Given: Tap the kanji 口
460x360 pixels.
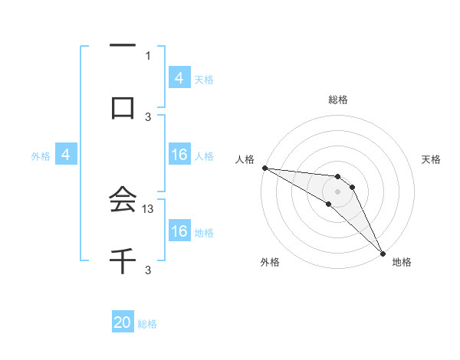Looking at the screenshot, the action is tap(123, 107).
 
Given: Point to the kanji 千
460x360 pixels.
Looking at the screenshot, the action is tap(123, 260).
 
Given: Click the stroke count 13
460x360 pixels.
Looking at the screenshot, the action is tap(149, 208).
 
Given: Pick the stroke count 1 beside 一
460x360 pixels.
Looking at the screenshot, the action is tap(148, 55).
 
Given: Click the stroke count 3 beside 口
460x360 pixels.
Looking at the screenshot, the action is tap(148, 116).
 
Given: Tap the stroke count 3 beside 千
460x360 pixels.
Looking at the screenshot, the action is tap(148, 270).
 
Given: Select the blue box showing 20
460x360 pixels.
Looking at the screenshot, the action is tap(123, 323).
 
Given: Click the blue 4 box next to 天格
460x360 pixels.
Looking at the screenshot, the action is tap(179, 78).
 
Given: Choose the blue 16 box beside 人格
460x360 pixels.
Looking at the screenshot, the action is tap(179, 155).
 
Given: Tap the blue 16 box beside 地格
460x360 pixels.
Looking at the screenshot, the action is tap(179, 231).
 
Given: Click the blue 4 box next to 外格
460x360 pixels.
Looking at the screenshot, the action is tap(66, 155).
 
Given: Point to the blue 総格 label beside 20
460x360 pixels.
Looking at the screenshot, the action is tap(147, 324).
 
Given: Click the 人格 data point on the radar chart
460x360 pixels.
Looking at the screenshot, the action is tap(264, 168).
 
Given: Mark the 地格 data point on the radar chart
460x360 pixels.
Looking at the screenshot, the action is tap(383, 252).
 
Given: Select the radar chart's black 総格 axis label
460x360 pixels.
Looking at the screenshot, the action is tap(337, 100).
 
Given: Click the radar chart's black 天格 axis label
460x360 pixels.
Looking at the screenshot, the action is tap(431, 159).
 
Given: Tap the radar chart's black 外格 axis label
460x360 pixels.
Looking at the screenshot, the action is tap(270, 262).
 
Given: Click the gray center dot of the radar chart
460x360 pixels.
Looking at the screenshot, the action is tap(337, 191).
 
